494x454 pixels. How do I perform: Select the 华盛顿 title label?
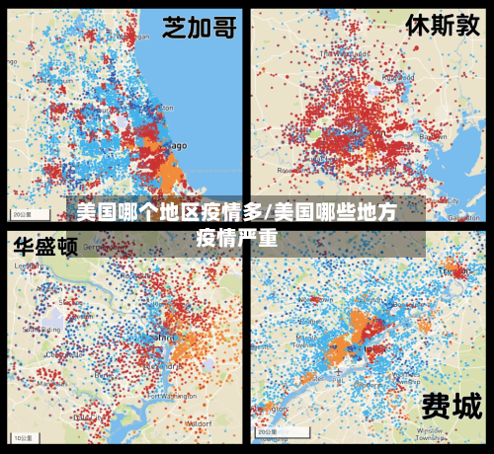tap(45, 247)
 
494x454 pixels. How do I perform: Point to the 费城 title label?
tap(452, 405)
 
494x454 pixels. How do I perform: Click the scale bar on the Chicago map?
tap(22, 213)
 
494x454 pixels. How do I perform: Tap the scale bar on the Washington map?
tap(22, 436)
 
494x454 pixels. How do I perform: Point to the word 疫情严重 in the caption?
tap(237, 237)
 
